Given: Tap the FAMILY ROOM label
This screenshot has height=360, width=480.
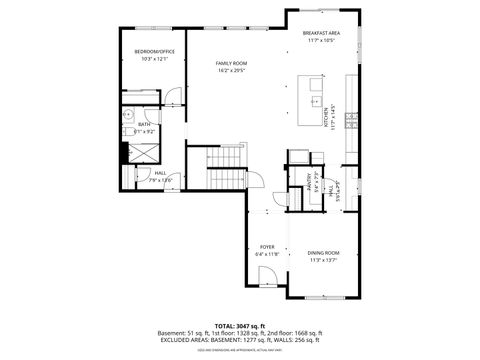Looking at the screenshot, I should (x=231, y=63).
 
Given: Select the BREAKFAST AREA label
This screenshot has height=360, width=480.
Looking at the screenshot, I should (x=322, y=34).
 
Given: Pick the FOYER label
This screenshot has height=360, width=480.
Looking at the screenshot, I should (x=267, y=246).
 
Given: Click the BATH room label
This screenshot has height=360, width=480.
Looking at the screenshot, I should (x=144, y=124).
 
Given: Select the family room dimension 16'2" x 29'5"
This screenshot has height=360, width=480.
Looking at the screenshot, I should (x=231, y=71).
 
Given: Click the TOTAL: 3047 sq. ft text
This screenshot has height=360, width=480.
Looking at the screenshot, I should (x=239, y=325).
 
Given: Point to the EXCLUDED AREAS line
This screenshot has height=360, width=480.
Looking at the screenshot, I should (x=239, y=340).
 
